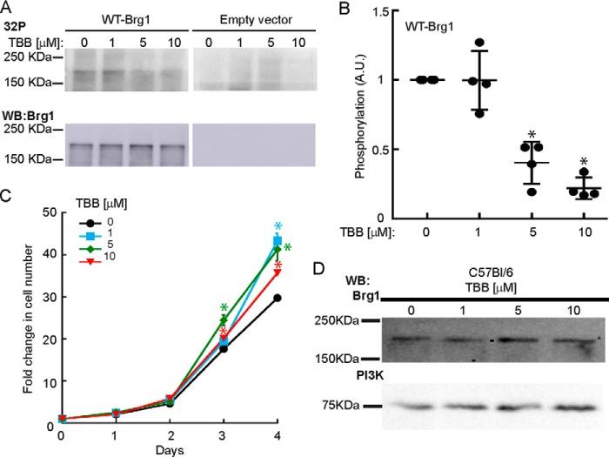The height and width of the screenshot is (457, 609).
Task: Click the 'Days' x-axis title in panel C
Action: tap(168, 450)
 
